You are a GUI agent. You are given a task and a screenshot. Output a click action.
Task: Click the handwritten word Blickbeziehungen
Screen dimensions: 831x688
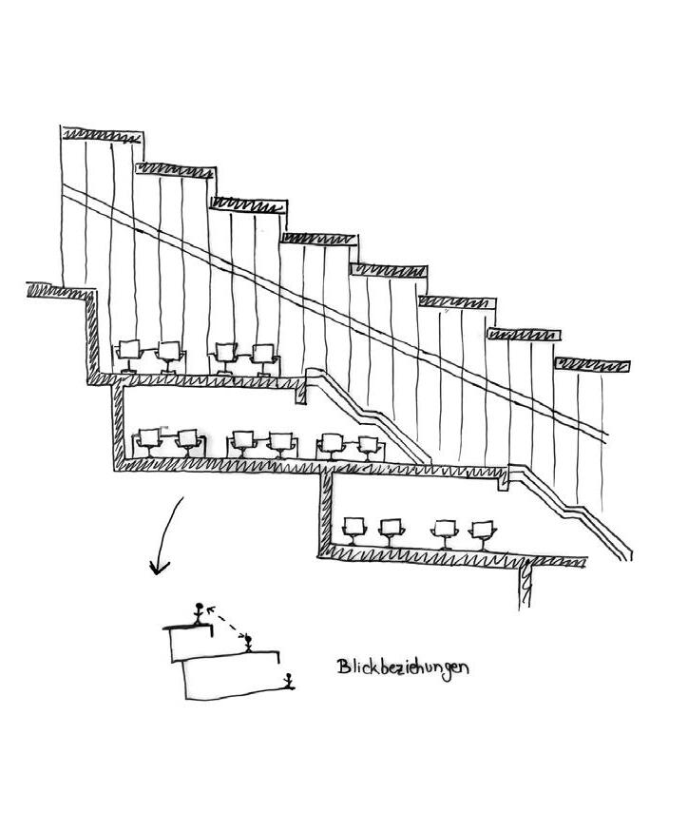403,667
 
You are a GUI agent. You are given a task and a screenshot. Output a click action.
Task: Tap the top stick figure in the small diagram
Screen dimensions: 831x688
198,613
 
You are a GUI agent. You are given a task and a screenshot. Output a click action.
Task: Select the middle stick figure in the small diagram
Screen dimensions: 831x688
249,643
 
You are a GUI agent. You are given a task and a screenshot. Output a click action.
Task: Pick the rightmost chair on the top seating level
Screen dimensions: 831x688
263,357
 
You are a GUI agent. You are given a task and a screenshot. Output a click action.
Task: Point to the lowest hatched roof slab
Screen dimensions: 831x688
593,366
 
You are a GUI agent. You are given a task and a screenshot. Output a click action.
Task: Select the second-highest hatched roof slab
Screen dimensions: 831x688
177,169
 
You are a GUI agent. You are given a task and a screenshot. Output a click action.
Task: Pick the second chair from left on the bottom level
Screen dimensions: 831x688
391,530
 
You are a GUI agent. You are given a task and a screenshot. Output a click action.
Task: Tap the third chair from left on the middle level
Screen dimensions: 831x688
243,442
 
